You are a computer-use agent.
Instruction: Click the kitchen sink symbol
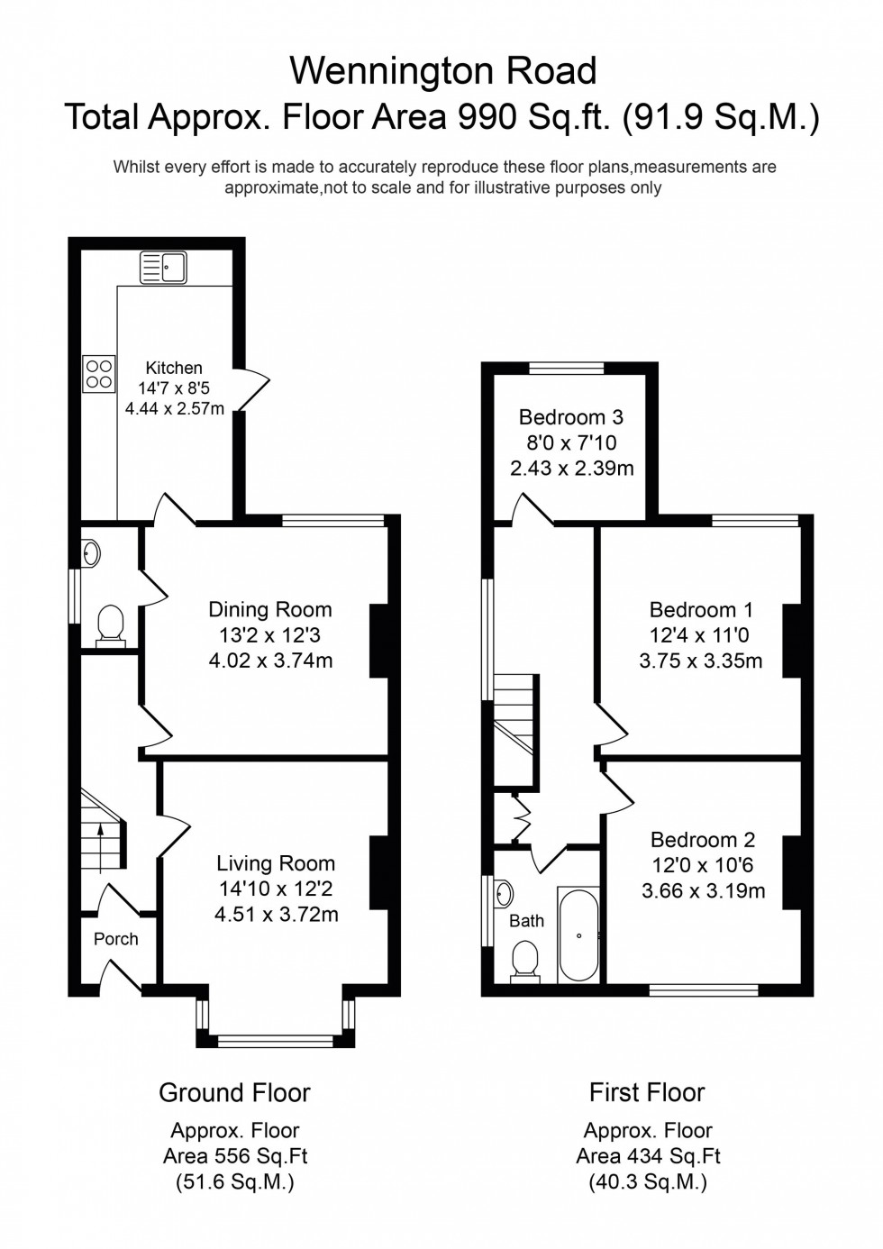pos(162,268)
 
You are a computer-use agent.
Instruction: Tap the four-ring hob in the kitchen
pos(98,374)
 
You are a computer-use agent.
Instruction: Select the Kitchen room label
pos(174,368)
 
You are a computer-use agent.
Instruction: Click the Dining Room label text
pos(270,610)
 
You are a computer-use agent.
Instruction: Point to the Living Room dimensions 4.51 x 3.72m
pos(277,915)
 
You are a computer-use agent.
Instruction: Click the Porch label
pos(116,939)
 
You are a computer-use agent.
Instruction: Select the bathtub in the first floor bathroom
pos(578,935)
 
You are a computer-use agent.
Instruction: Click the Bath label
pos(526,921)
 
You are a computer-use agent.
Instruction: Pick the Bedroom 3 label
pos(571,417)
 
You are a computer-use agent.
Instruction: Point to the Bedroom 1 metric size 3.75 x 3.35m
pos(701,661)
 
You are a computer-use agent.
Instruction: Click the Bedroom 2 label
pos(703,840)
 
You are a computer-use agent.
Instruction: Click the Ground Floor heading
pos(234,1093)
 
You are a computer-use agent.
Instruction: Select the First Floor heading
pos(647,1093)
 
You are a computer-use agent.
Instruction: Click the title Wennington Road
pos(442,71)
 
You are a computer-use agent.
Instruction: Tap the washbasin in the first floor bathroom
pos(504,894)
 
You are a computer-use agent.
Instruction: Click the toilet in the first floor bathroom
pos(524,959)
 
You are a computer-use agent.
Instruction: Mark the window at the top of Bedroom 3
pos(566,368)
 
